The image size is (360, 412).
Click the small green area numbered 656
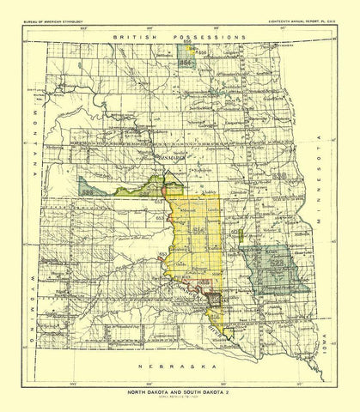pyautogui.click(x=183, y=63)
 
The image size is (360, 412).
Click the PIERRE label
pyautogui.click(x=180, y=281)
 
